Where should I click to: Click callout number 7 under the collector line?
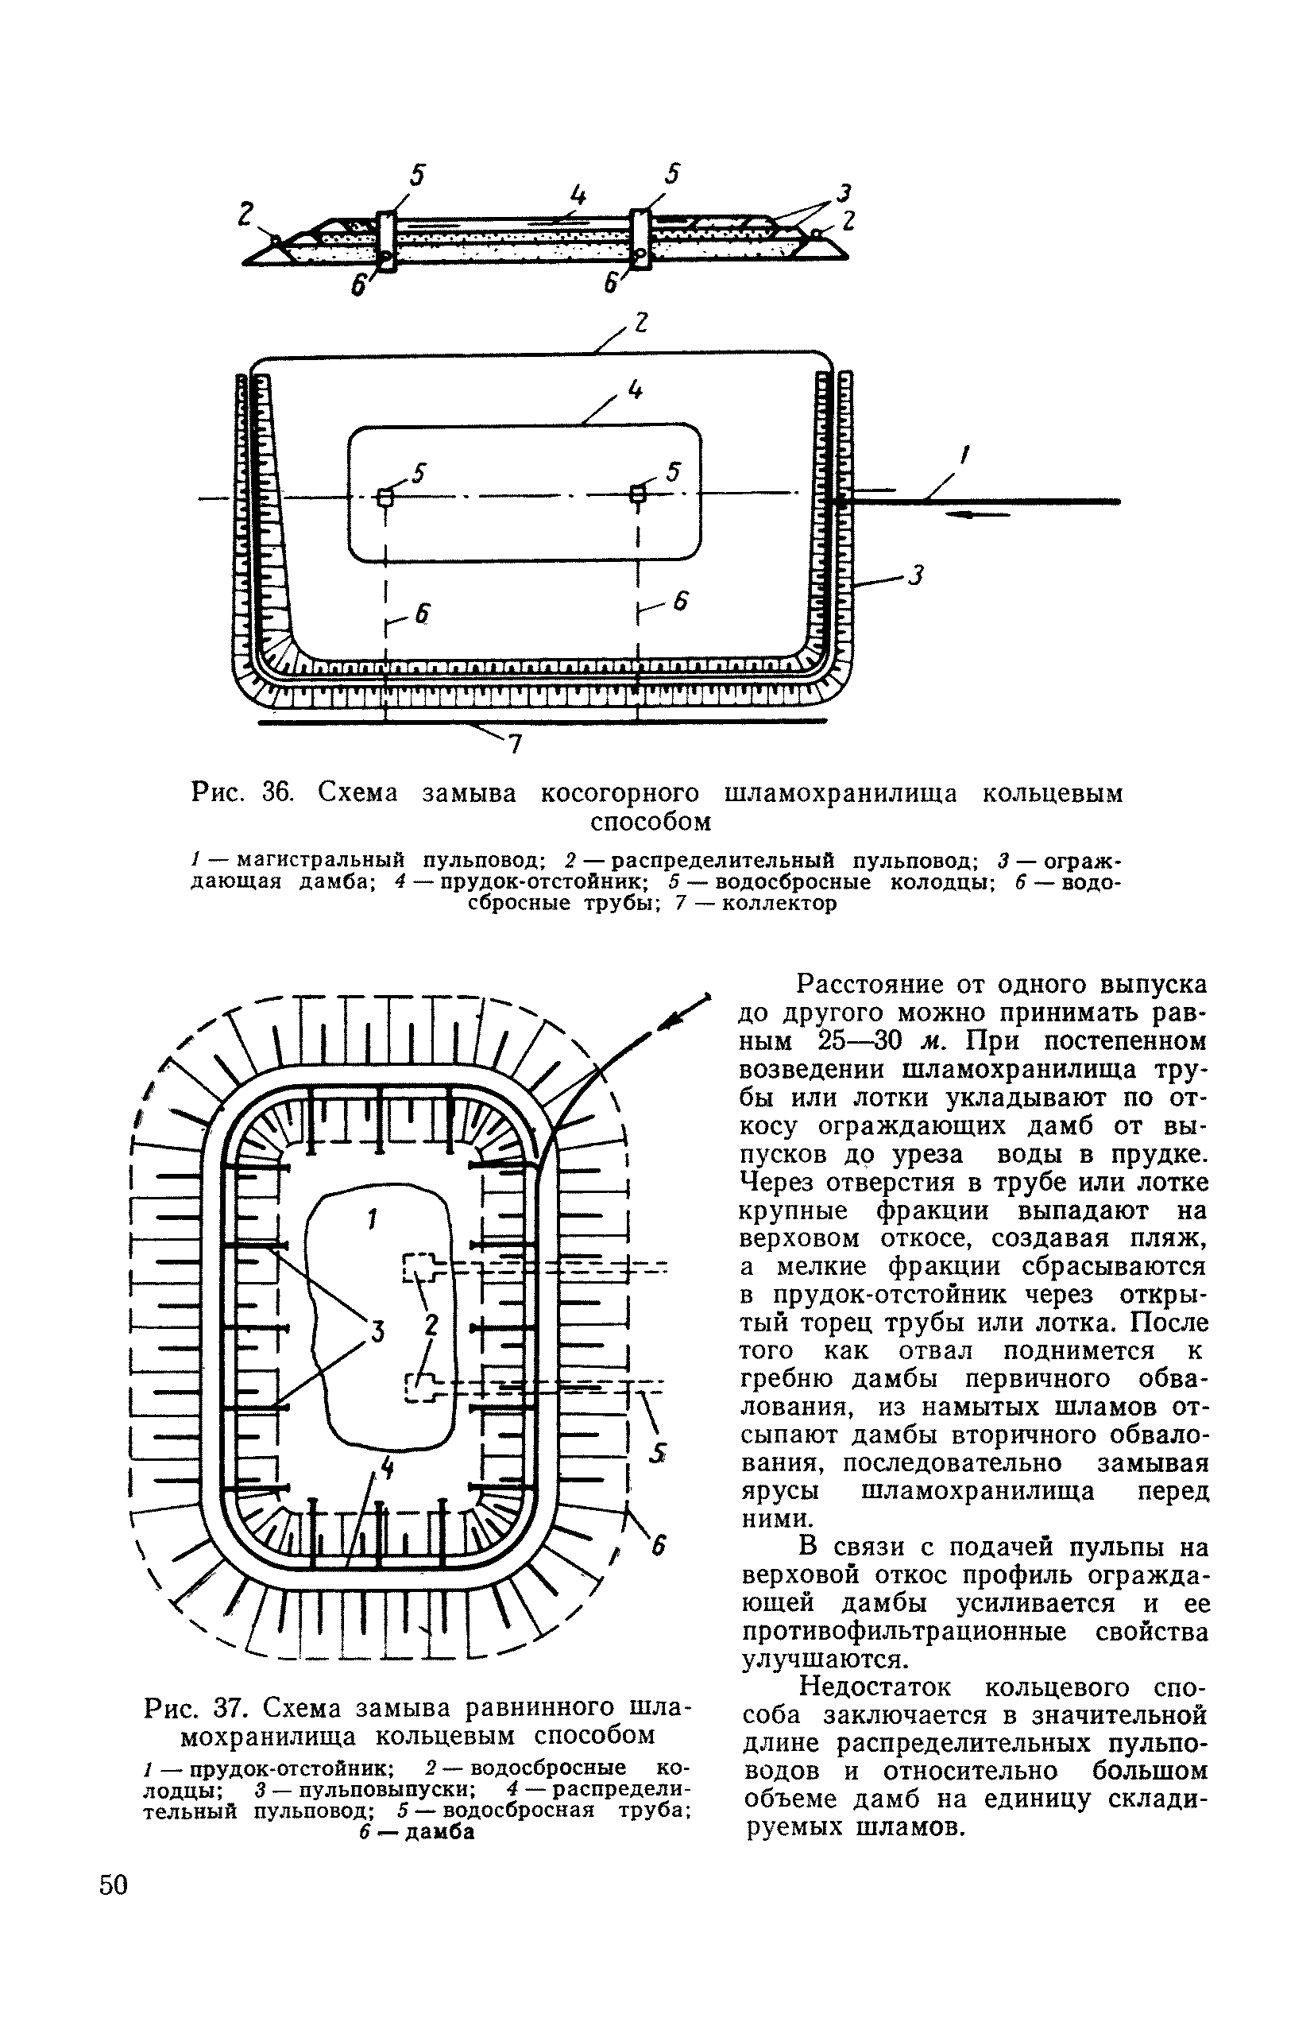515,744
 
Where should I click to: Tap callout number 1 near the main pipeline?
964,455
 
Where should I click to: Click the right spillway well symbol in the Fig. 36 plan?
636,494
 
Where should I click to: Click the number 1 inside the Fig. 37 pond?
370,1220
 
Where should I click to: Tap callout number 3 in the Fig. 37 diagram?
377,1333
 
